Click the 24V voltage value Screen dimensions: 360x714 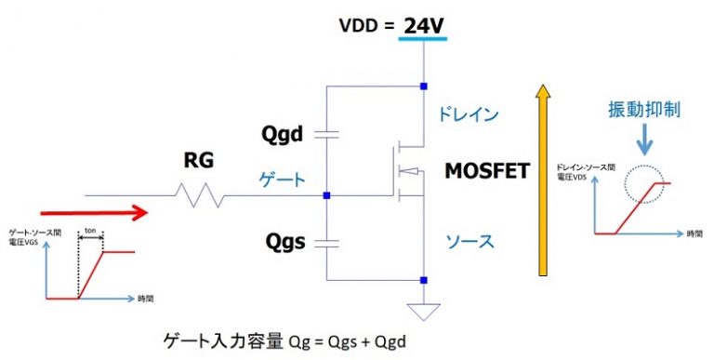pos(423,25)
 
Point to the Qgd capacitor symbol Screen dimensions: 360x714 pos(327,135)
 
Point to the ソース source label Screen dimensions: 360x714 pos(467,241)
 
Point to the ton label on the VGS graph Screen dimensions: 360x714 pos(91,226)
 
